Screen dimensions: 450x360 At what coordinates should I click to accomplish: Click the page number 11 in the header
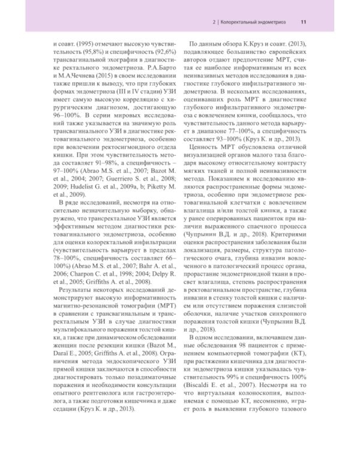[304, 22]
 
